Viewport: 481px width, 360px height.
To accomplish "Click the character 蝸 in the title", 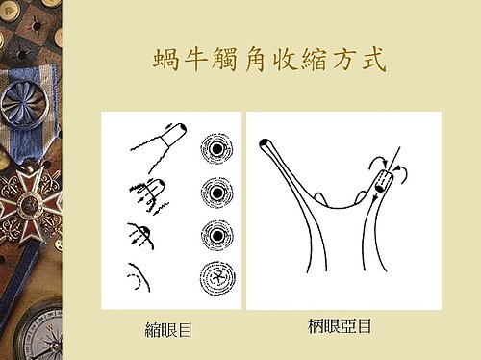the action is coord(165,60).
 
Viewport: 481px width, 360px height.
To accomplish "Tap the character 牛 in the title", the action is coord(194,60).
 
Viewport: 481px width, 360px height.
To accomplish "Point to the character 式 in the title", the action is coord(374,60).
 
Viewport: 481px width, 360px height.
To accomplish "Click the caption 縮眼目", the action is coord(168,330).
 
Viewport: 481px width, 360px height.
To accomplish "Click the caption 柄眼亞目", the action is coord(340,326).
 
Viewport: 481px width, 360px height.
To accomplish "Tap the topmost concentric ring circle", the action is coord(216,149).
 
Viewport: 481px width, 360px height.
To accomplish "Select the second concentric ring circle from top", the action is coord(217,193).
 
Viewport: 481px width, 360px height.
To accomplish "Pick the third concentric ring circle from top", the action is coord(217,236).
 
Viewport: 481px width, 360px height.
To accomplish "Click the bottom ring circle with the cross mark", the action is coord(217,277).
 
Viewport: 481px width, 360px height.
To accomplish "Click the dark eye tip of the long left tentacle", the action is coord(265,143).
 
